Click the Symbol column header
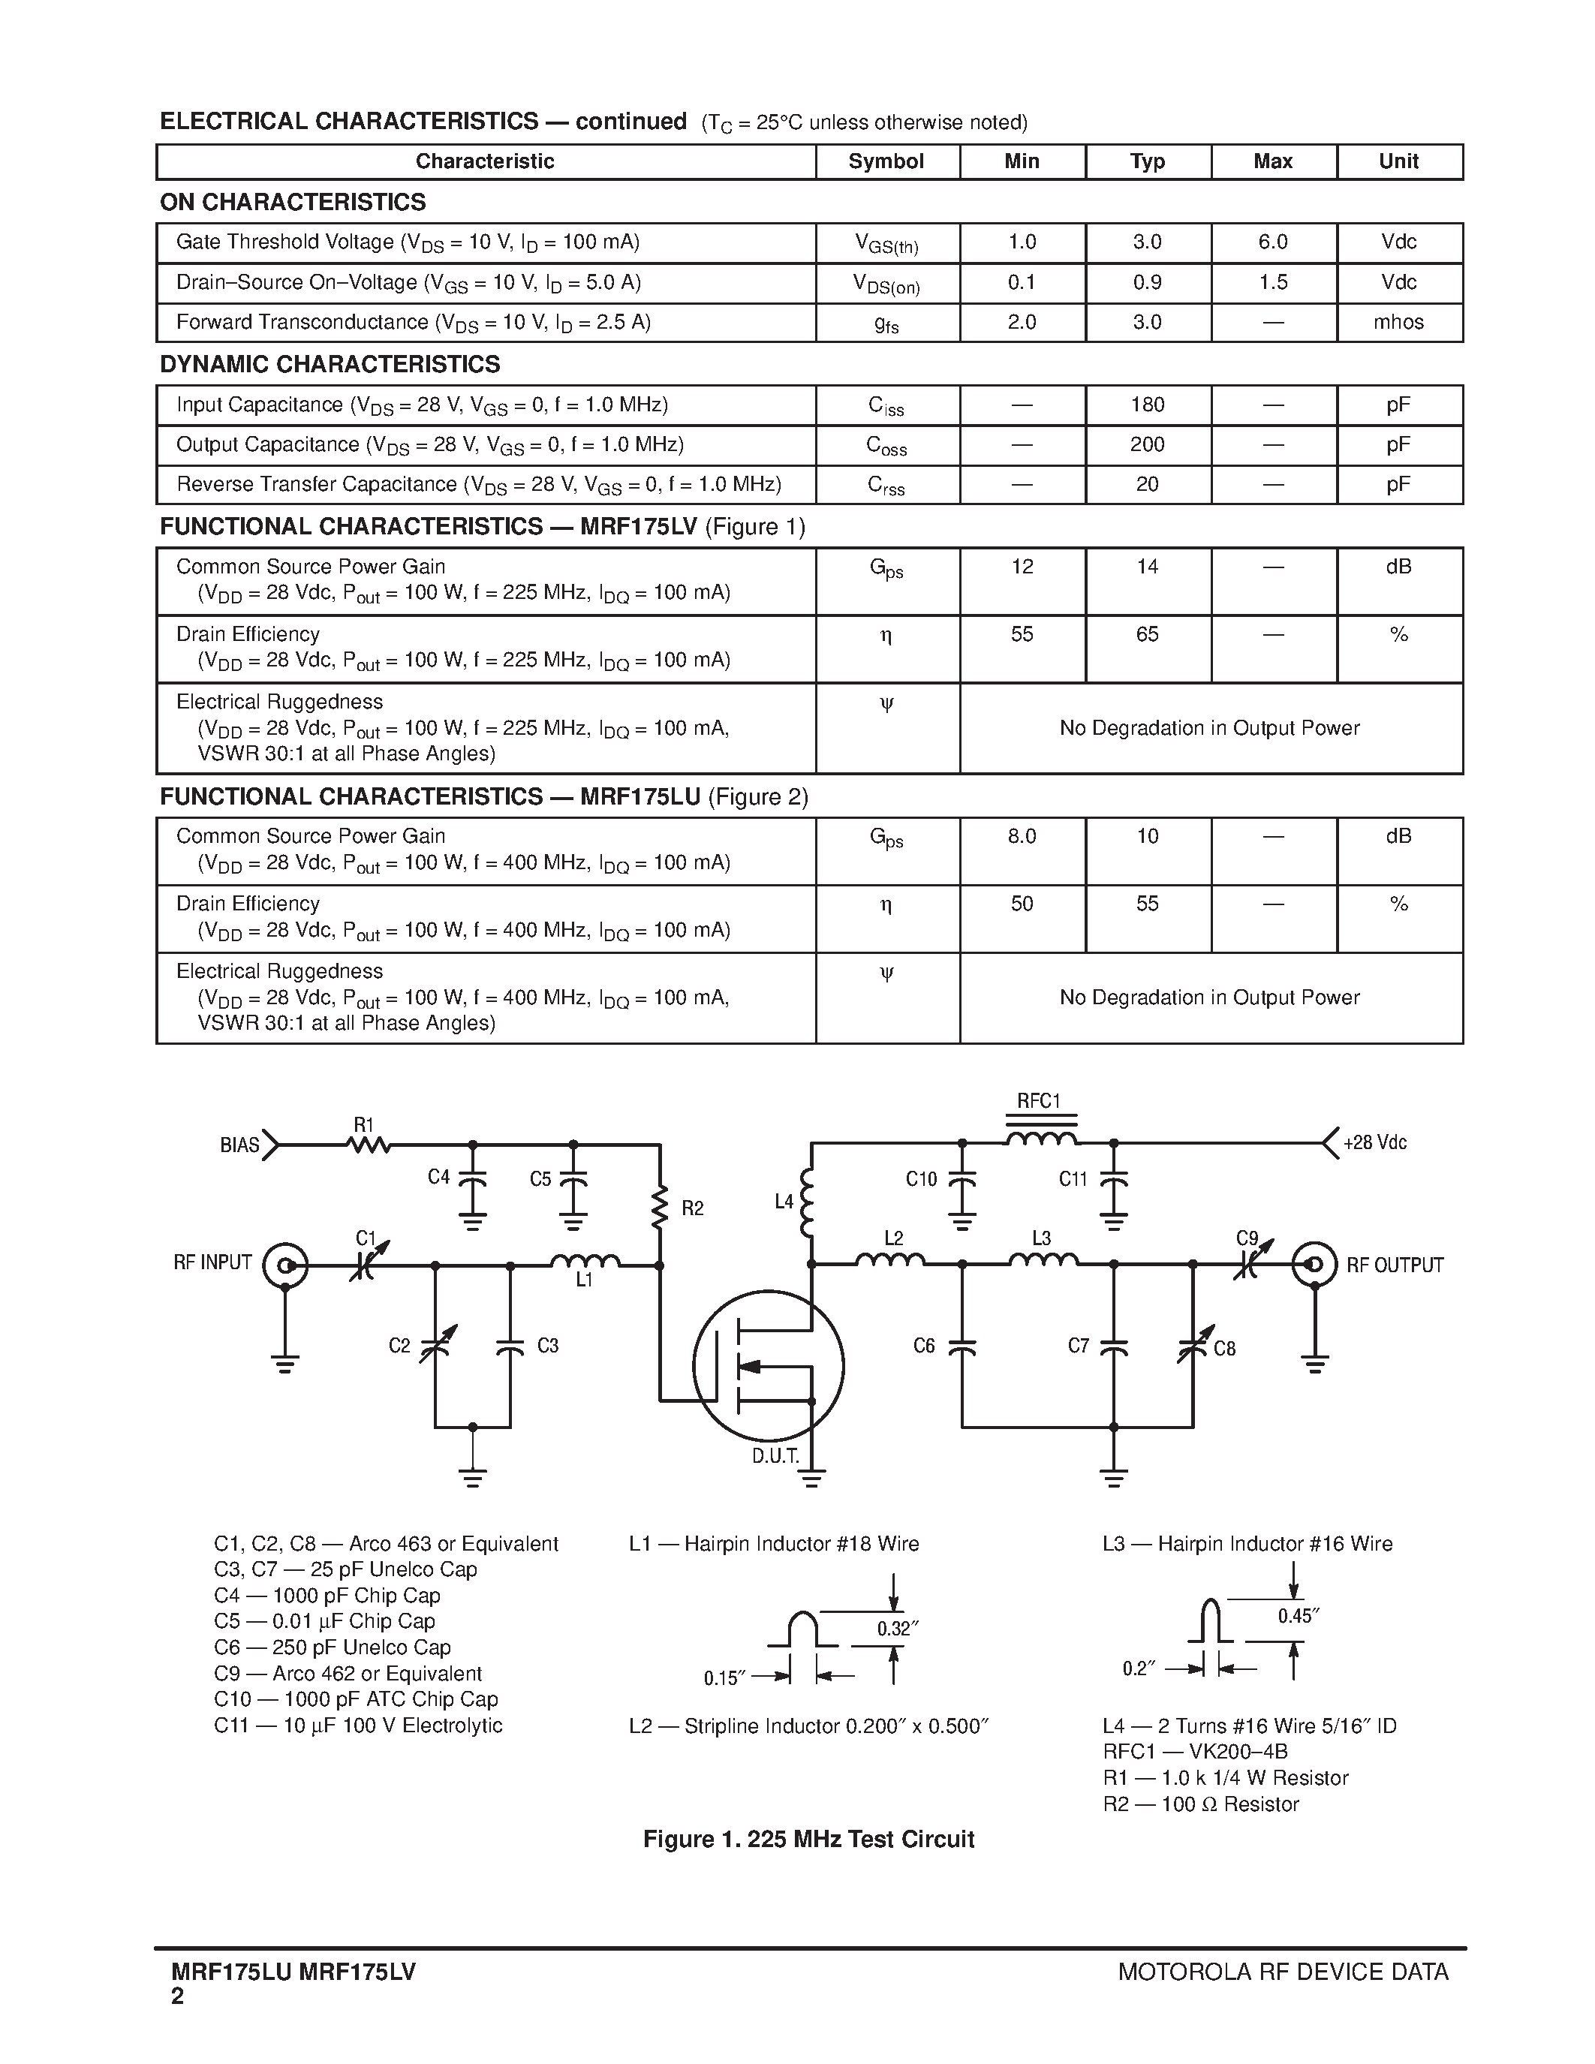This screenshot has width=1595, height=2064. tap(886, 161)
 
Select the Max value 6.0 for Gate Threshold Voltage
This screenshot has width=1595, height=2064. tap(1273, 242)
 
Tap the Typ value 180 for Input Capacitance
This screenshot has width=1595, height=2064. tap(1147, 405)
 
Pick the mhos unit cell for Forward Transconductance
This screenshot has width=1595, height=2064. tap(1398, 322)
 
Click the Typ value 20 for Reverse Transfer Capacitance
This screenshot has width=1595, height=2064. tap(1147, 485)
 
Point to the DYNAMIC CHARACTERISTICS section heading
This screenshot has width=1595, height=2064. tap(330, 365)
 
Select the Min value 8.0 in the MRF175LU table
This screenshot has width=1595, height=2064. tap(1022, 836)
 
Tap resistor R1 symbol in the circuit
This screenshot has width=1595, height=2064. tap(369, 1145)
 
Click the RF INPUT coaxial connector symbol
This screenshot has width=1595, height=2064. tap(285, 1265)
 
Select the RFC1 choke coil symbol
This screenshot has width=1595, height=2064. tap(1040, 1137)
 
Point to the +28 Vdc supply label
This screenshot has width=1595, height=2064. tap(1375, 1142)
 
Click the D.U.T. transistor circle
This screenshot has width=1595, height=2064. tap(767, 1365)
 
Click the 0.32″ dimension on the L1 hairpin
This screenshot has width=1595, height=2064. tap(897, 1629)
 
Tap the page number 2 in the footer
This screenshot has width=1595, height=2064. tap(178, 1996)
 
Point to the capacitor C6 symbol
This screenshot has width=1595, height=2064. tap(962, 1346)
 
